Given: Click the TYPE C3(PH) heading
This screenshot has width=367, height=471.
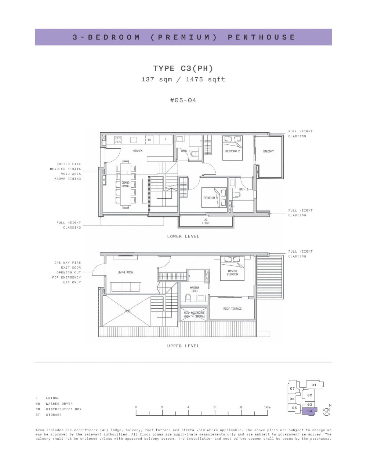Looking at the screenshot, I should click(183, 68).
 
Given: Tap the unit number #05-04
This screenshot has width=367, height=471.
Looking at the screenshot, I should click(183, 100).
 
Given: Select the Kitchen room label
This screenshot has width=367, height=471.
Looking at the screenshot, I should click(138, 151).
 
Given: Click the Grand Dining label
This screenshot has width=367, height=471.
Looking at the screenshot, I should click(126, 184).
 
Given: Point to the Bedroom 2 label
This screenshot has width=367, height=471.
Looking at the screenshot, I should click(232, 151).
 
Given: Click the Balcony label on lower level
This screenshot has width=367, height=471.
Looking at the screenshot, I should click(268, 151).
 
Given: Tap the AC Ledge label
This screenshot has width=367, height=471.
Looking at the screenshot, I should click(206, 221).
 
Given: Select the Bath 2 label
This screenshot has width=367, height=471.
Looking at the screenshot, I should click(244, 189).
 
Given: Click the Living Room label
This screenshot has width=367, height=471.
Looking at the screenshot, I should click(126, 272).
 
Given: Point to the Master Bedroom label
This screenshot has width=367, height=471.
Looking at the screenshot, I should click(232, 273).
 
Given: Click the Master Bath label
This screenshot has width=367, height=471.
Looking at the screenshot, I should click(195, 290).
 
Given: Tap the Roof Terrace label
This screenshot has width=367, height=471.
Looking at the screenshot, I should click(232, 309).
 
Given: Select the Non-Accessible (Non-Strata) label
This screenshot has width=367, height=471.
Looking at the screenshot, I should click(195, 314).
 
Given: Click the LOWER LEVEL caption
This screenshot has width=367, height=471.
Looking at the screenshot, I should click(183, 236).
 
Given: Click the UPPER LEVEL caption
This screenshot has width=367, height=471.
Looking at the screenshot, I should click(183, 346).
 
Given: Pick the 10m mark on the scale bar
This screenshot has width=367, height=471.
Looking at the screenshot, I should click(267, 407).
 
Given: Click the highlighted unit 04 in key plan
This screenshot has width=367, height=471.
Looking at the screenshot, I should click(309, 411).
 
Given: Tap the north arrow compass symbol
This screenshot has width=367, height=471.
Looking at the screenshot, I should click(326, 412).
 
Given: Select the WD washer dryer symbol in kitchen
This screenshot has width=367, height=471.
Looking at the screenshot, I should click(149, 140).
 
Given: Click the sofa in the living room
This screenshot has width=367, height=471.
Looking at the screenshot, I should click(126, 287).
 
